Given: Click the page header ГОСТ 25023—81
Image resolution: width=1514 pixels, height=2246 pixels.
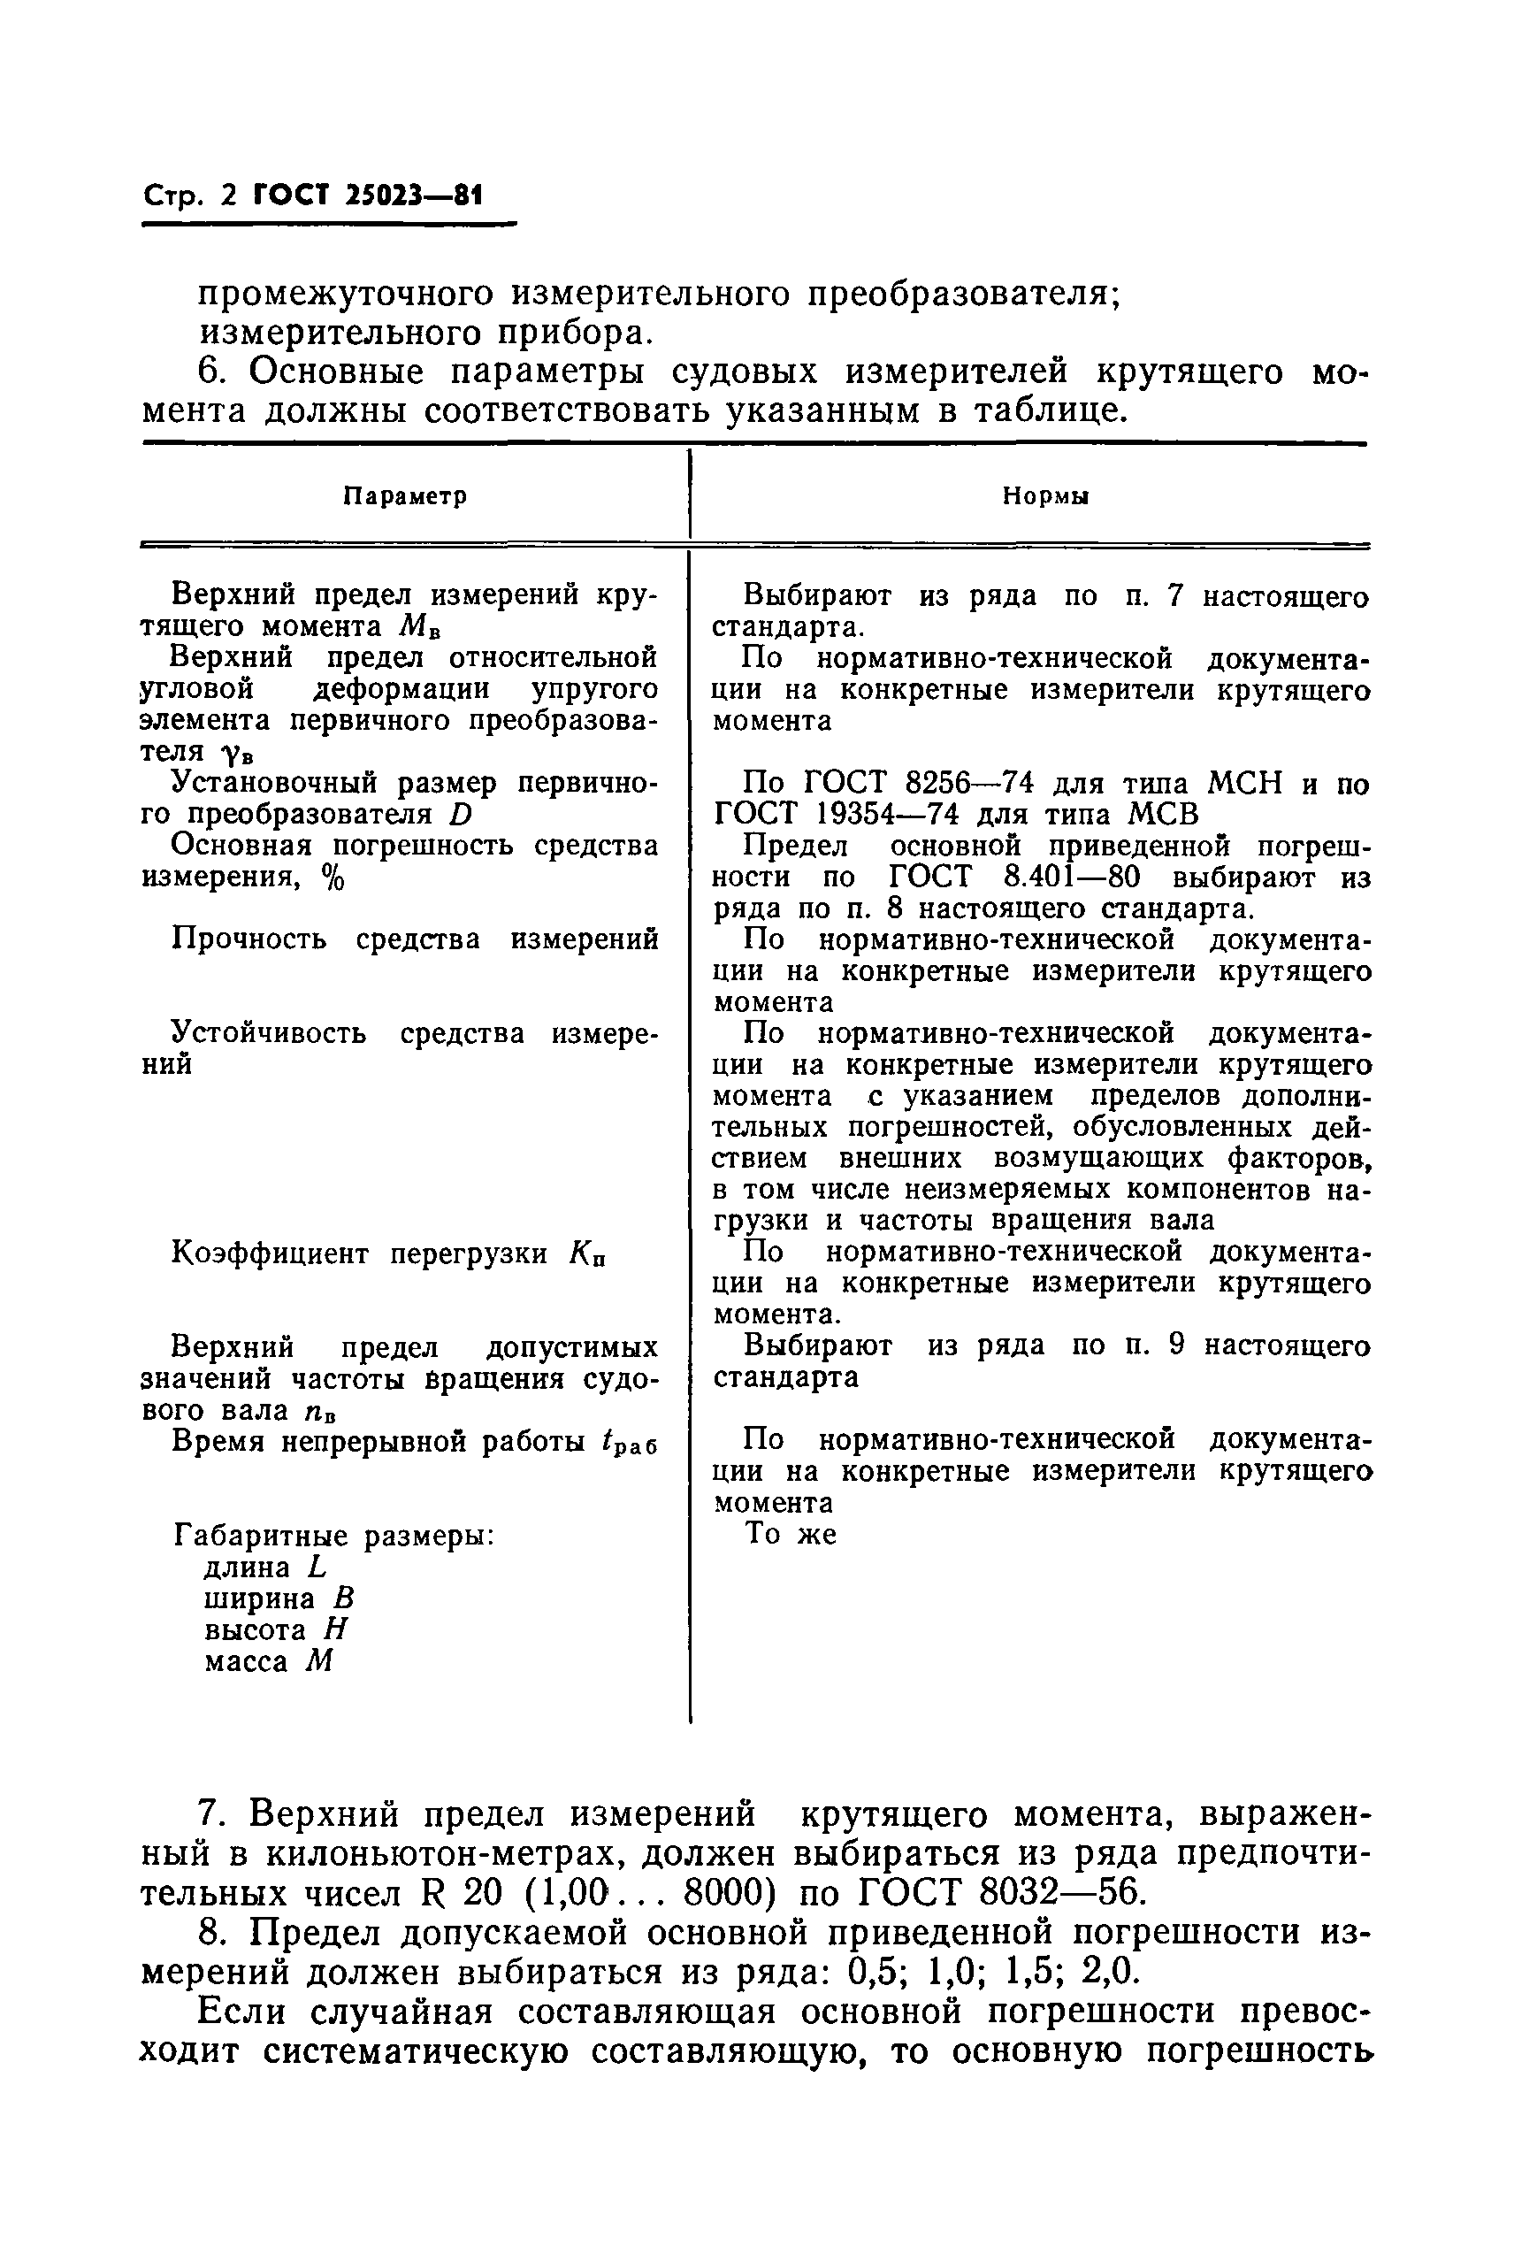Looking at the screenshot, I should click(367, 197).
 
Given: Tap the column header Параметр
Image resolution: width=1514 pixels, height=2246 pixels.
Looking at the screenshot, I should click(407, 496).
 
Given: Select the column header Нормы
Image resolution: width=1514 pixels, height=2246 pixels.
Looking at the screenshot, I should click(1045, 496).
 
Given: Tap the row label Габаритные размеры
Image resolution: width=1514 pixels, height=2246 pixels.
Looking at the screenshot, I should click(334, 1536).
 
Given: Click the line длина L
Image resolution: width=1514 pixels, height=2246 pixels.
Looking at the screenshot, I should click(265, 1568).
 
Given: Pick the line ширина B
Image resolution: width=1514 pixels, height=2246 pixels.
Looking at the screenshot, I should click(279, 1599).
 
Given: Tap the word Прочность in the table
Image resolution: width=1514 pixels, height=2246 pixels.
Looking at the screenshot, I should click(249, 939).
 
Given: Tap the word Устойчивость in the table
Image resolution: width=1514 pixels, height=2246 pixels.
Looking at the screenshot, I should click(270, 1033).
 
